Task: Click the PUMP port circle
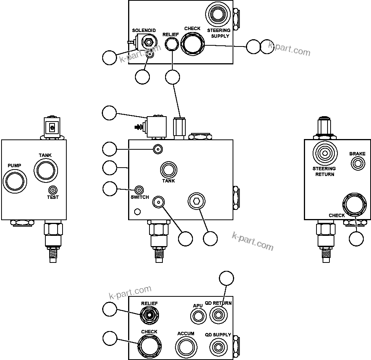(x=14, y=180)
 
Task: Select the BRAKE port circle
(x=358, y=164)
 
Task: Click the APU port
(x=198, y=316)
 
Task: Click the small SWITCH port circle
(x=140, y=190)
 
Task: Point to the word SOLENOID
(x=144, y=30)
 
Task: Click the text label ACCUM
(x=186, y=334)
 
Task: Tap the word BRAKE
(x=357, y=154)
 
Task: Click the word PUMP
(x=14, y=166)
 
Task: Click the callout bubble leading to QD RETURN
(x=228, y=278)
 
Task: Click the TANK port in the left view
(x=45, y=170)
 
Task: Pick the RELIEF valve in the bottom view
(x=149, y=315)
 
